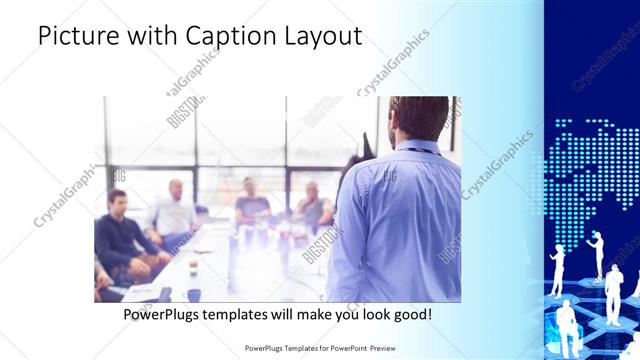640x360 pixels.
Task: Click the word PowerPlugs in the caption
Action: (162, 314)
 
